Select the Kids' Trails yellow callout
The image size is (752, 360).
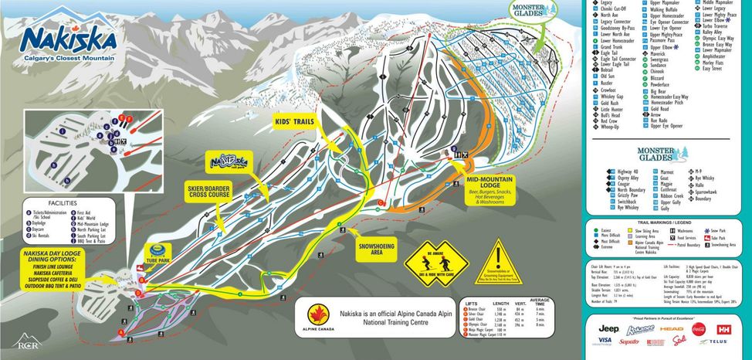[294, 123]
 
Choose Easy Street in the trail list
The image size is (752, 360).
[711, 68]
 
